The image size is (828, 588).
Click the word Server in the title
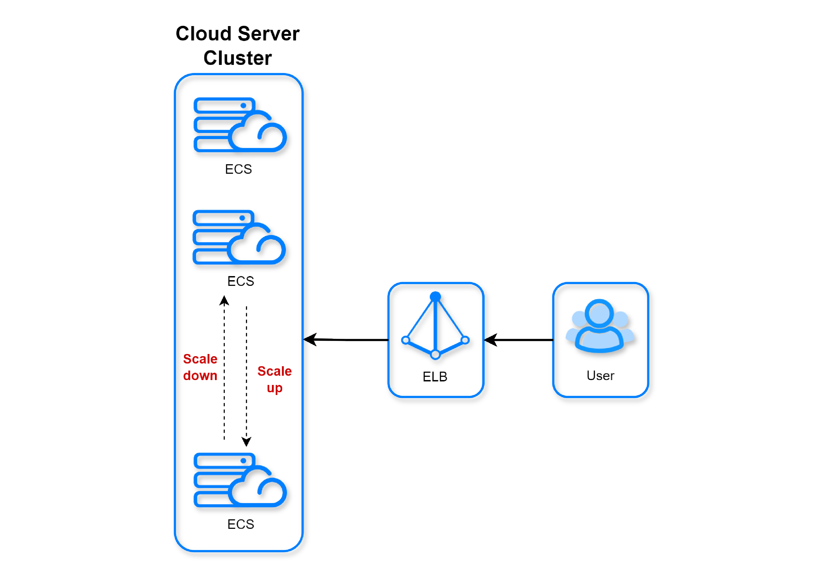(x=269, y=34)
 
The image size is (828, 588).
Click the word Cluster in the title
(x=238, y=58)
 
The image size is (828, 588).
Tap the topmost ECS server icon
(x=240, y=125)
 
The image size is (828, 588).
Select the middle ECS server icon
(x=239, y=237)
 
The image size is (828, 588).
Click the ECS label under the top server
(x=238, y=169)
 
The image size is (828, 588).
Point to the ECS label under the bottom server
(x=241, y=524)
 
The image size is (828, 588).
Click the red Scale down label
(x=200, y=367)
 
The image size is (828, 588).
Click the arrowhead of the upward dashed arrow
(x=224, y=300)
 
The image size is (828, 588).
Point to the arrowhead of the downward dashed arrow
(x=246, y=442)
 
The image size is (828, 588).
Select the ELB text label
(x=435, y=377)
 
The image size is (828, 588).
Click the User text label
(x=600, y=375)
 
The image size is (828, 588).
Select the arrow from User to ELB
(x=519, y=340)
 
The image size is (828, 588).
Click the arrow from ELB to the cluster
(x=346, y=340)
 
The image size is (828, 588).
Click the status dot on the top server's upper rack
(x=243, y=106)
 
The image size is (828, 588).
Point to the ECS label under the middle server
(x=241, y=281)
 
